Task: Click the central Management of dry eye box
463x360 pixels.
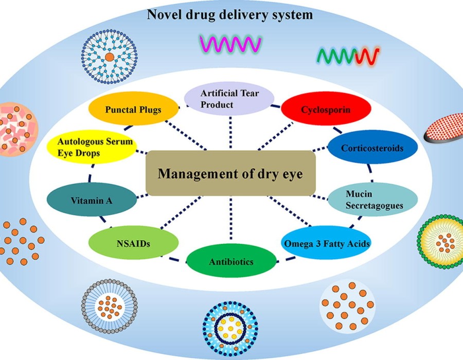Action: (230, 173)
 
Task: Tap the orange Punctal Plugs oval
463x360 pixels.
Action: (133, 110)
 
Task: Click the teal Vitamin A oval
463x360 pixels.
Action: (92, 200)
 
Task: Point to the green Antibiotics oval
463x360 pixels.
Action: (231, 262)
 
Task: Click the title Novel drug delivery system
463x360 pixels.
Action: (230, 14)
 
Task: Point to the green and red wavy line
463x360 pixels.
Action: (348, 55)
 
